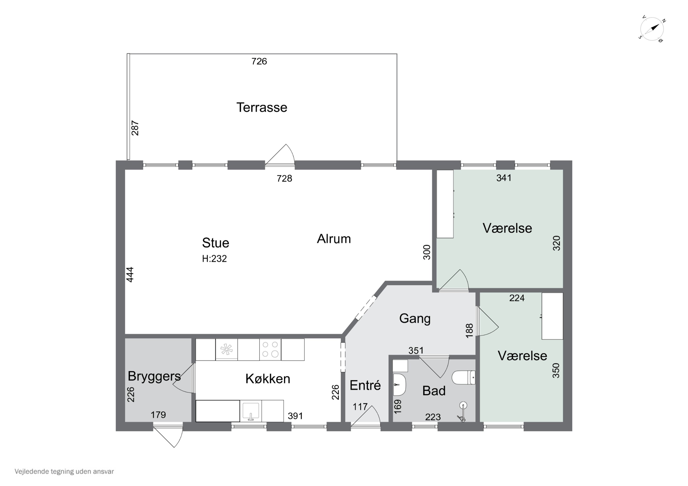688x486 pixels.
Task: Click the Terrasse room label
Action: coord(262,107)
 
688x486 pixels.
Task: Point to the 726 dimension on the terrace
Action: coord(259,61)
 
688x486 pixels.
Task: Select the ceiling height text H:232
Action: coord(214,259)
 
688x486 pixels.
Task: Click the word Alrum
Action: coord(334,239)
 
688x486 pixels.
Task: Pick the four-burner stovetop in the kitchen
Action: coord(270,349)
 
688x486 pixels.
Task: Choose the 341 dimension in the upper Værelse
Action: coord(504,178)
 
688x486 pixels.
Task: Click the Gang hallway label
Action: coord(415,318)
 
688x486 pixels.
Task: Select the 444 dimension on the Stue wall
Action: coord(130,274)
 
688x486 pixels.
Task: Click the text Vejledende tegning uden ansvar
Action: coord(64,471)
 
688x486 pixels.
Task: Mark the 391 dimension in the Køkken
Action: coord(295,416)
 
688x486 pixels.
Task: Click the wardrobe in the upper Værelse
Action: coord(445,204)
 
